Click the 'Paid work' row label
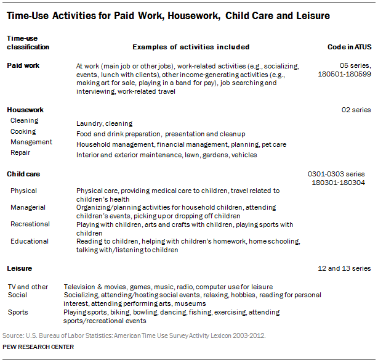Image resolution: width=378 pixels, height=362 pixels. tap(23, 65)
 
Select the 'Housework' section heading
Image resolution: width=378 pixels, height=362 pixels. tap(25, 110)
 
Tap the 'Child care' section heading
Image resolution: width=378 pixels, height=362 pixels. tap(23, 174)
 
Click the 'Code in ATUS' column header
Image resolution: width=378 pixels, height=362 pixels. tap(349, 47)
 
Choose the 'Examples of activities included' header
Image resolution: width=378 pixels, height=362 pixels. tap(191, 47)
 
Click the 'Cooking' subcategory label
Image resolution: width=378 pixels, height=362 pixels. tap(23, 131)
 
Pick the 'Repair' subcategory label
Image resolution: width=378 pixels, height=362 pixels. tap(20, 152)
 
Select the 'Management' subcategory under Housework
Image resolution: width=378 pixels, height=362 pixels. tap(31, 142)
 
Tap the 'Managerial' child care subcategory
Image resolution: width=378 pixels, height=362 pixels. tap(28, 207)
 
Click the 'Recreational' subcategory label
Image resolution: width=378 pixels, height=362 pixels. tap(30, 224)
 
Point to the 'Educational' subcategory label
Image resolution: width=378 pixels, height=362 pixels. tap(29, 241)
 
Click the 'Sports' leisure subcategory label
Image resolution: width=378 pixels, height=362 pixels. tap(18, 312)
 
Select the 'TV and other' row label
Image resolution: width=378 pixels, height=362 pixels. tap(27, 287)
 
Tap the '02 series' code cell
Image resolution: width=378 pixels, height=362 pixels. tap(356, 110)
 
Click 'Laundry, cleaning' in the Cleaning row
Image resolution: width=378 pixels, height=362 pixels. tap(104, 123)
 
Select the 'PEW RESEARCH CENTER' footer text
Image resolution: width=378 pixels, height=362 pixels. tap(38, 347)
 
